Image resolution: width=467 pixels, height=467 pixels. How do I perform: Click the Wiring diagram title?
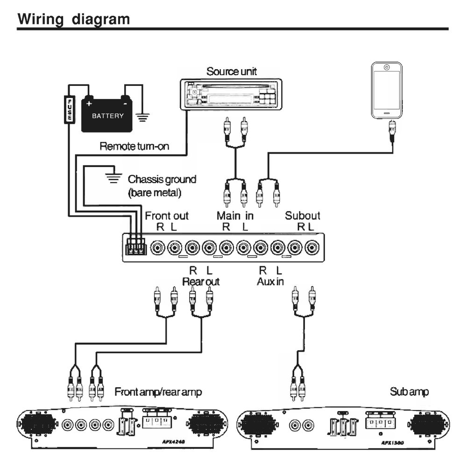[x=73, y=19]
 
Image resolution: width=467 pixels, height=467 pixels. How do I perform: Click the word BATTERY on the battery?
[x=107, y=116]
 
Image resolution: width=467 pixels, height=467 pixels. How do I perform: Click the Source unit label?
[x=232, y=71]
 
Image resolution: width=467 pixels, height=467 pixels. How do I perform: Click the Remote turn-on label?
[x=134, y=146]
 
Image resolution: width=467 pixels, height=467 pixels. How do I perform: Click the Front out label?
[x=167, y=216]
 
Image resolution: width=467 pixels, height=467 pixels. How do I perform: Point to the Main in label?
[x=235, y=216]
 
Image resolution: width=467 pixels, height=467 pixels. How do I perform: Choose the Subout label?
[x=303, y=216]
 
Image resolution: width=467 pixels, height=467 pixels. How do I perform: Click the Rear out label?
[x=200, y=282]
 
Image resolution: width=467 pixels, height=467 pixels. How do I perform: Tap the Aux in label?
[x=270, y=282]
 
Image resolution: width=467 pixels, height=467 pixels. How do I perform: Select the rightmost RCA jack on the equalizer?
[x=311, y=247]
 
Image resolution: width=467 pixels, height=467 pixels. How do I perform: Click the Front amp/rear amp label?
[x=158, y=392]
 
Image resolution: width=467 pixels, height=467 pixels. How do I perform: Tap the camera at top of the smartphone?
[x=387, y=67]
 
